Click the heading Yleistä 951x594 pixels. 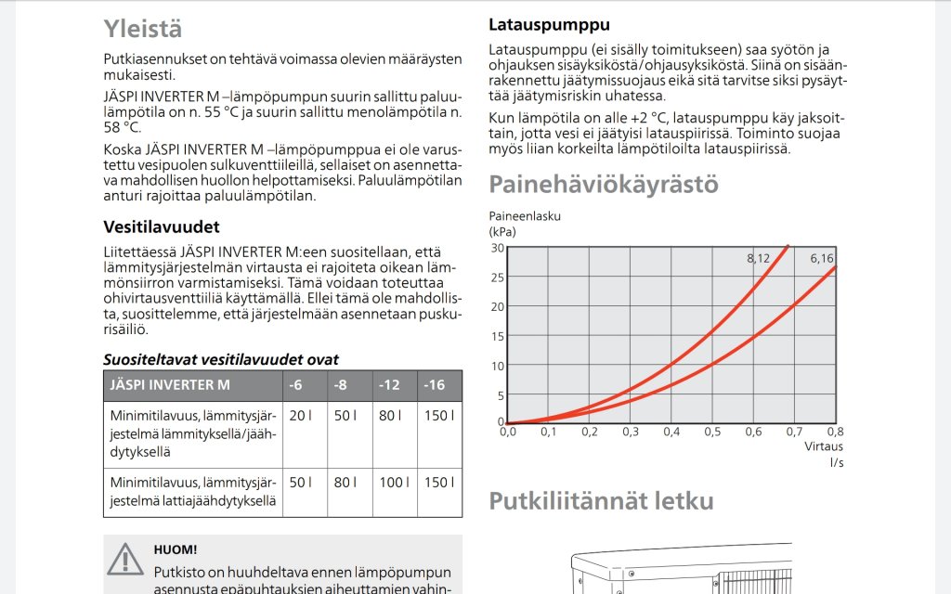coord(142,29)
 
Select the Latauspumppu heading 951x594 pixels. coord(549,25)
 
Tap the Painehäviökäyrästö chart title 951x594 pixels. coord(603,184)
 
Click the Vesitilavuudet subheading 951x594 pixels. coord(161,226)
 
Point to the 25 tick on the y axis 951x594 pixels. coord(497,277)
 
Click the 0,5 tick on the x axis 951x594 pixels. coord(712,432)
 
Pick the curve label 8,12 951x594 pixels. coord(758,258)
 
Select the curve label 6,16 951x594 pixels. coord(821,258)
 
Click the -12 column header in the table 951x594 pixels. coord(389,385)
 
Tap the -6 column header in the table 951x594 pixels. coord(296,385)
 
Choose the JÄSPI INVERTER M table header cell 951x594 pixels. coord(170,385)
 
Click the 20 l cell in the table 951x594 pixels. coord(300,415)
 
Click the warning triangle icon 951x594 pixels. coord(125,559)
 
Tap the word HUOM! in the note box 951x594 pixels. coord(175,549)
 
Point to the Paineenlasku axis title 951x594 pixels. coord(525,216)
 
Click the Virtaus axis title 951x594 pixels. coord(823,446)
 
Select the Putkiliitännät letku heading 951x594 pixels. coord(601,501)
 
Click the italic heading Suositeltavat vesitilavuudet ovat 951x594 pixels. coord(220,359)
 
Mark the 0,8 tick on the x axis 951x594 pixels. coord(834,432)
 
